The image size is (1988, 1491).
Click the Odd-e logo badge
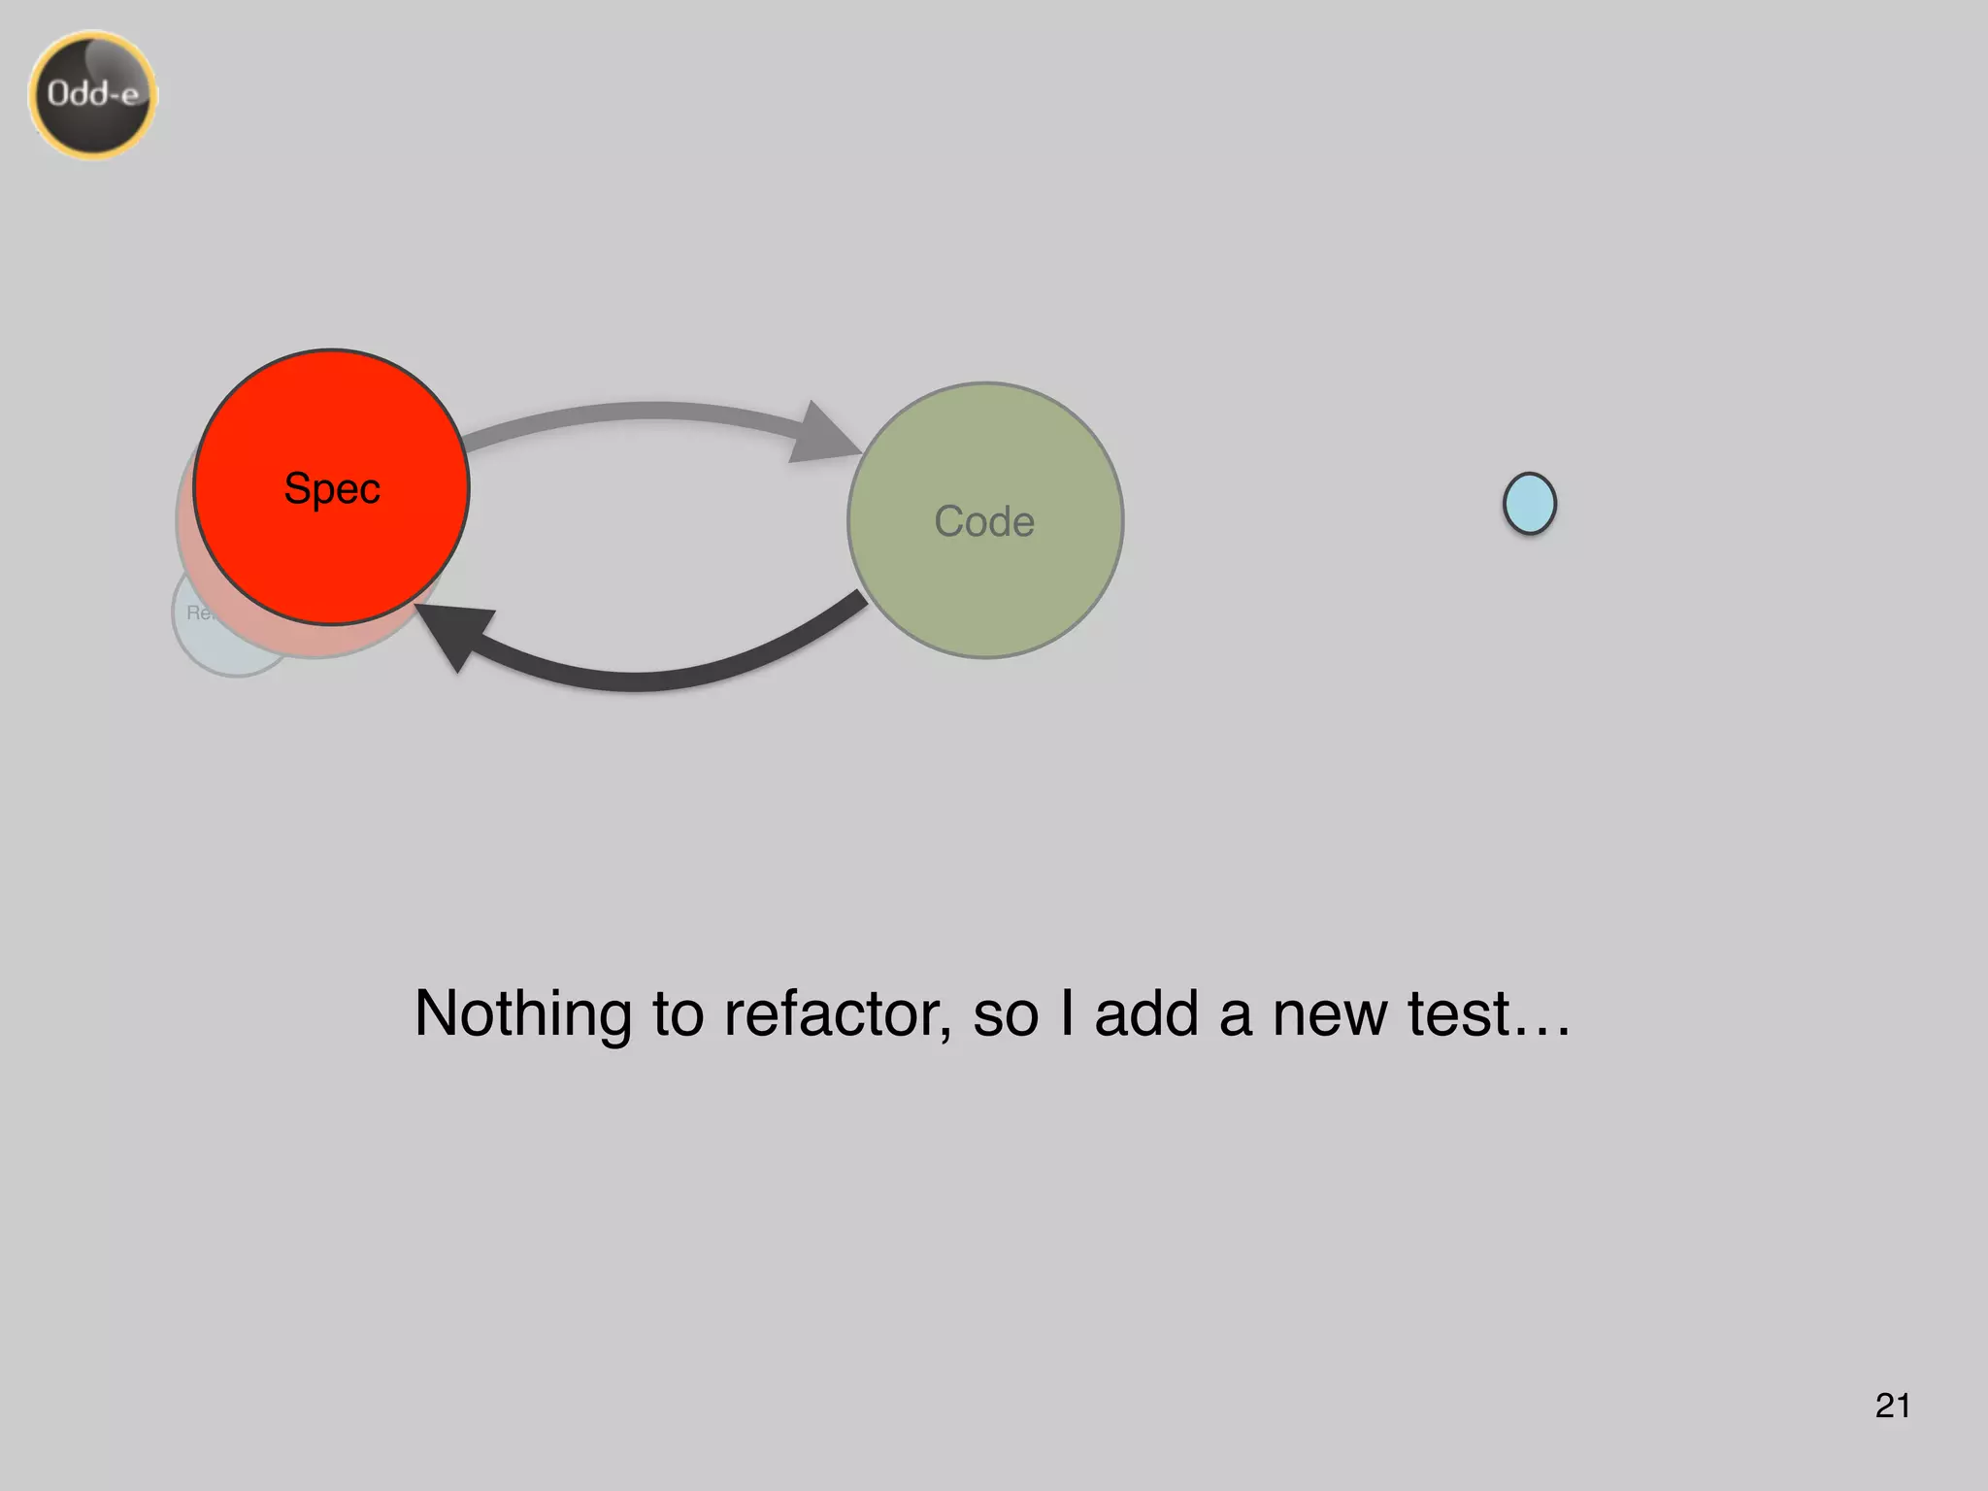point(93,94)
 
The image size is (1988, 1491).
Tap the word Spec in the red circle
point(332,488)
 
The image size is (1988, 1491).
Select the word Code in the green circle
point(984,521)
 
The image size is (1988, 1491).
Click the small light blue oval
point(1529,503)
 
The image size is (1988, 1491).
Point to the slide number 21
point(1892,1406)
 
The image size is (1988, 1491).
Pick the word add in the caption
point(1146,1014)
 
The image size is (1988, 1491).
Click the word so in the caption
point(1005,1014)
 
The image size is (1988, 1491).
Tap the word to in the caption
point(678,1014)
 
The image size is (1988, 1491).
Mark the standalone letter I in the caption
point(1067,1014)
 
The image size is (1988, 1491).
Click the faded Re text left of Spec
point(198,613)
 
